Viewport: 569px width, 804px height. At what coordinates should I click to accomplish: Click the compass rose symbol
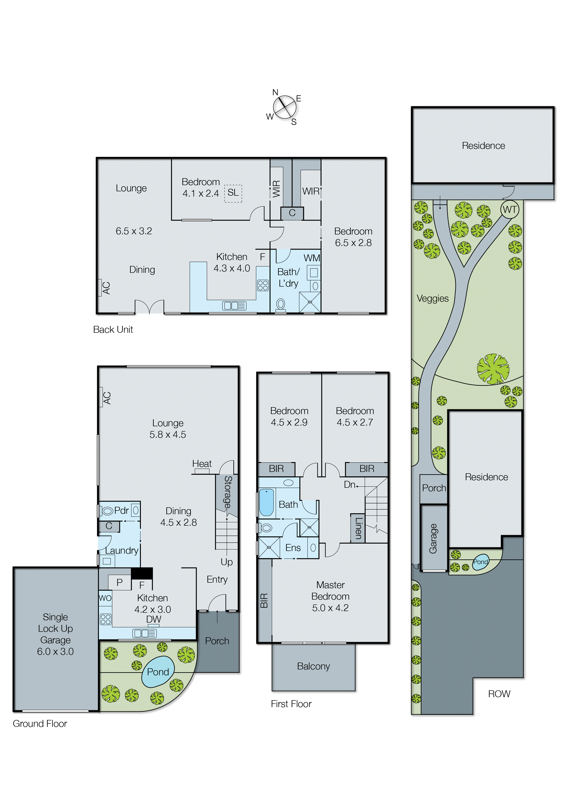pyautogui.click(x=284, y=107)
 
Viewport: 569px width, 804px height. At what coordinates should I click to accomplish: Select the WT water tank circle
pyautogui.click(x=509, y=209)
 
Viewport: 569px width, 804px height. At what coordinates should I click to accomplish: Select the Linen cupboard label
pyautogui.click(x=358, y=528)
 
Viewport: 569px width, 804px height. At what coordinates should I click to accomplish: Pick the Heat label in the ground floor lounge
pyautogui.click(x=202, y=463)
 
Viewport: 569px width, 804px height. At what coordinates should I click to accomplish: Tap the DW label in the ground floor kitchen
pyautogui.click(x=153, y=619)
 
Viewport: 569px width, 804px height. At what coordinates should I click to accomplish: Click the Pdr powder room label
pyautogui.click(x=121, y=511)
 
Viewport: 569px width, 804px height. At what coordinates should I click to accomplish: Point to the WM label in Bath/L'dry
pyautogui.click(x=312, y=258)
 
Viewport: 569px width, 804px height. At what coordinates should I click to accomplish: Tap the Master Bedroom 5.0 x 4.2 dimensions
pyautogui.click(x=330, y=608)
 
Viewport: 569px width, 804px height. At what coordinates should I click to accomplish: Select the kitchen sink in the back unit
pyautogui.click(x=234, y=306)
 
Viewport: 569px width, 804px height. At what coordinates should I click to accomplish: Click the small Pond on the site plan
pyautogui.click(x=480, y=562)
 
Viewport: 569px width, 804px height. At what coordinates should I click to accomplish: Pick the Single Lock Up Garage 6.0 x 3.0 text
pyautogui.click(x=55, y=634)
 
